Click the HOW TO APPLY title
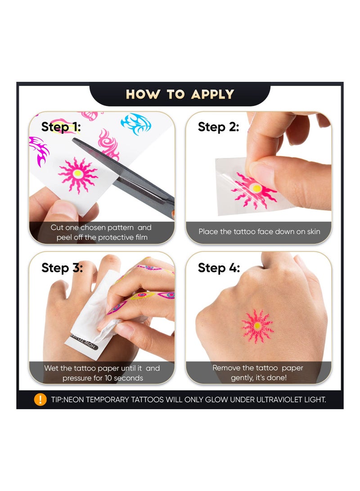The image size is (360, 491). (180, 95)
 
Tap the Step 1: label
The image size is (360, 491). (61, 127)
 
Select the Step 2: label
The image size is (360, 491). (218, 127)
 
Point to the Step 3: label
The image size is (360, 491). (62, 268)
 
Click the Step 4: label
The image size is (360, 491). (219, 268)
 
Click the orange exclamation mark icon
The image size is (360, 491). (40, 399)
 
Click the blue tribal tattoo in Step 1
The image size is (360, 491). (136, 124)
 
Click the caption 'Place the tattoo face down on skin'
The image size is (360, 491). (259, 231)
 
